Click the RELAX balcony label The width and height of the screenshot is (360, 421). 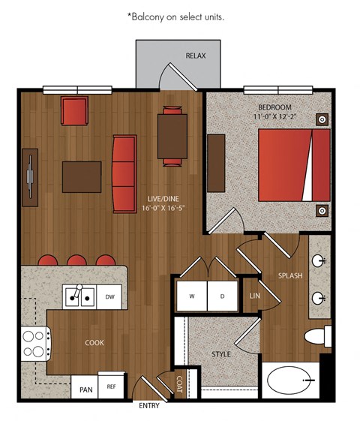[x=196, y=56]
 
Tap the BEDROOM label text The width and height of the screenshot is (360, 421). [x=274, y=107]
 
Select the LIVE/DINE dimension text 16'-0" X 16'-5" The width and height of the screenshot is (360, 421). [x=163, y=208]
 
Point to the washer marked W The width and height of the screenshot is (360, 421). [x=191, y=296]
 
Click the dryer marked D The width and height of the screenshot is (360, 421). [x=223, y=296]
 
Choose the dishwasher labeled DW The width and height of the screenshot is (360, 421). [x=109, y=296]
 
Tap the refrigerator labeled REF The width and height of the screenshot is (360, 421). [x=111, y=386]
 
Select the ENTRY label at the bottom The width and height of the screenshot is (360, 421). [x=149, y=406]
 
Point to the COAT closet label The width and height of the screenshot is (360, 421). [x=179, y=384]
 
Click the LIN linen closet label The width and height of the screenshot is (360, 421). [x=254, y=296]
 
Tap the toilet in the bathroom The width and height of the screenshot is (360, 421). [x=318, y=336]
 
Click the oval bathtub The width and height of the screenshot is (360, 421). [x=291, y=380]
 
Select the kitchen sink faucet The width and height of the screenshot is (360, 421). [x=78, y=290]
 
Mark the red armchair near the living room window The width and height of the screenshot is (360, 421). [x=74, y=110]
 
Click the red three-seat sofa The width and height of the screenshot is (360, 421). [x=124, y=174]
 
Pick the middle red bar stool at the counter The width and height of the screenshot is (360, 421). [x=76, y=260]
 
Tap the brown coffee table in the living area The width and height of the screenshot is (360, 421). [x=82, y=177]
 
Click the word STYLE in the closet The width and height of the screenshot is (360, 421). [x=221, y=354]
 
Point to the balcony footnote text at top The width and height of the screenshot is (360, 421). [x=175, y=17]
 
